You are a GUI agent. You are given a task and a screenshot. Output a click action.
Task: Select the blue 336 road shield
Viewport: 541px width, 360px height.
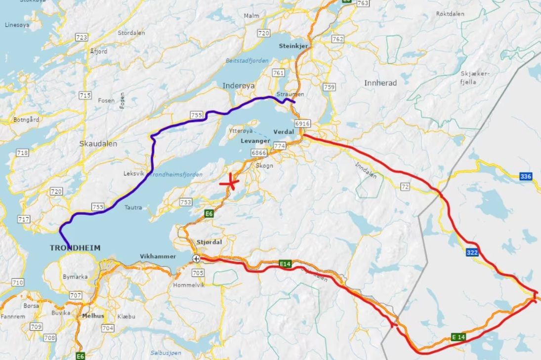[x=526, y=176]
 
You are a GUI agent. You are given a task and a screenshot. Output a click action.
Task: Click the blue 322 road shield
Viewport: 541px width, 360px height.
[x=472, y=252]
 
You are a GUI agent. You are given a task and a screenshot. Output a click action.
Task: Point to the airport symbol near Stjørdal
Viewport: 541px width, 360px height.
[x=197, y=258]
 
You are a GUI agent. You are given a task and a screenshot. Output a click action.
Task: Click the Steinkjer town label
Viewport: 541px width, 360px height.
[x=293, y=46]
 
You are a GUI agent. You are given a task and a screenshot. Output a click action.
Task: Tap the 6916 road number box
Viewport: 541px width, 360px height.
[x=301, y=123]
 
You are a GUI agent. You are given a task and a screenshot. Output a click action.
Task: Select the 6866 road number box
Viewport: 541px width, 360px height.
[x=258, y=153]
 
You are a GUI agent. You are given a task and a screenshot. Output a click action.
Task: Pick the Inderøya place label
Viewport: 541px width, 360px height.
[x=239, y=85]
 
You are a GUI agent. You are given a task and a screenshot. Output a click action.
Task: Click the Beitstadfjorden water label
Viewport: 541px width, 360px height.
[x=247, y=60]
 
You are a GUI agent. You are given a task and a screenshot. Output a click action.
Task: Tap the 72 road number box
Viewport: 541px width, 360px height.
[x=405, y=186]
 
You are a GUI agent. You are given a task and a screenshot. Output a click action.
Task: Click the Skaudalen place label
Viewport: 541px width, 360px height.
[x=98, y=144]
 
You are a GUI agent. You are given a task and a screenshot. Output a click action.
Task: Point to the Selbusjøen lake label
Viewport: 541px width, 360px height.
[x=166, y=353]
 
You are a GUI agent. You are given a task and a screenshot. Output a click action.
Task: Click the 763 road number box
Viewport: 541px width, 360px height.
[x=363, y=3]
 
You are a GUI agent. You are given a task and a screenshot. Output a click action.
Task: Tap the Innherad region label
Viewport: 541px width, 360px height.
[x=380, y=83]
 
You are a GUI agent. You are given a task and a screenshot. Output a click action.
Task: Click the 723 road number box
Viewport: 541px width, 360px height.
[x=82, y=38]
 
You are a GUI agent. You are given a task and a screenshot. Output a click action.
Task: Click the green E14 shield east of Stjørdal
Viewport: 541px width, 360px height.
[x=285, y=264]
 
